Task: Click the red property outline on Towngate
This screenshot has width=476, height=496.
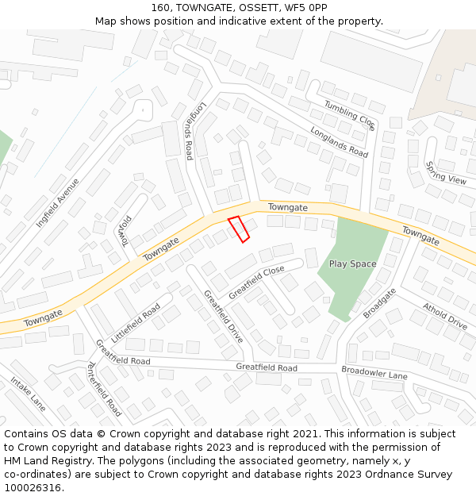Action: (239, 229)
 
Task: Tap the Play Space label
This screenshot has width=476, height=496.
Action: (352, 263)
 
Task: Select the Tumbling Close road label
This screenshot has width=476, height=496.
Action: (349, 115)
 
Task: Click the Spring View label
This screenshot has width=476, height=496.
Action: (446, 173)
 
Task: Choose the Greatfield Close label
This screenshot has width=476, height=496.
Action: (256, 283)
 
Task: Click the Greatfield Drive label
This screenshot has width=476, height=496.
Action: (223, 315)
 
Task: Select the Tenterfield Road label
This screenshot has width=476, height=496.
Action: (104, 389)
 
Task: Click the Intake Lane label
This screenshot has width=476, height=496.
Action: (29, 394)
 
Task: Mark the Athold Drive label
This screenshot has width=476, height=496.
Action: (444, 316)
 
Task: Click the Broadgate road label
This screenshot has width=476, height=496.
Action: (379, 303)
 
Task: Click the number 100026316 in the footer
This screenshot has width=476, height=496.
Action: (33, 487)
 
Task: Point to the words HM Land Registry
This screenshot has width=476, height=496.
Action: (40, 460)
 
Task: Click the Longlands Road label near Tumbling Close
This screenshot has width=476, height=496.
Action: (339, 142)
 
